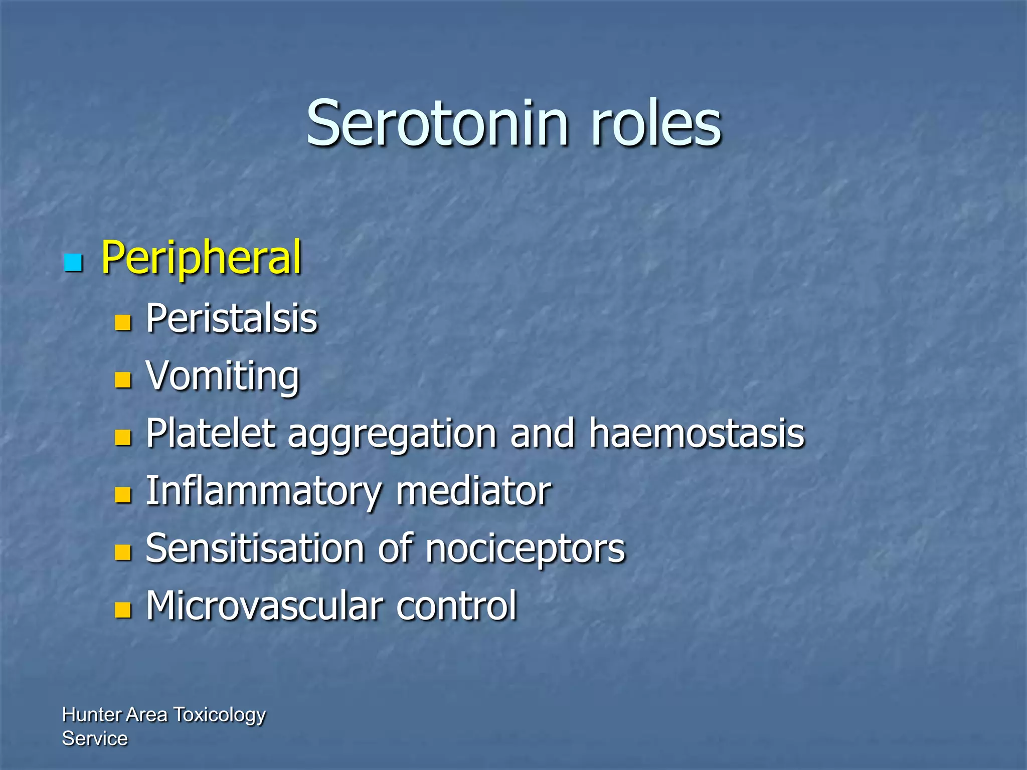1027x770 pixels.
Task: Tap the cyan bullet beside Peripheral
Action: (73, 262)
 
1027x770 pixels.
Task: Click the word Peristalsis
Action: (232, 319)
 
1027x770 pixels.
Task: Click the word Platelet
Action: (211, 434)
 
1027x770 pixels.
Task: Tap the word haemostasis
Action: (697, 434)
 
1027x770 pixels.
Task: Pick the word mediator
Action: (473, 491)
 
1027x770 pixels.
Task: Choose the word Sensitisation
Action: (255, 549)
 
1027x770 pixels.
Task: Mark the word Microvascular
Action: (264, 606)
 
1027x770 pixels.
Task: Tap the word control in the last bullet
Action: (456, 606)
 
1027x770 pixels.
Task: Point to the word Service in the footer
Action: (95, 738)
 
